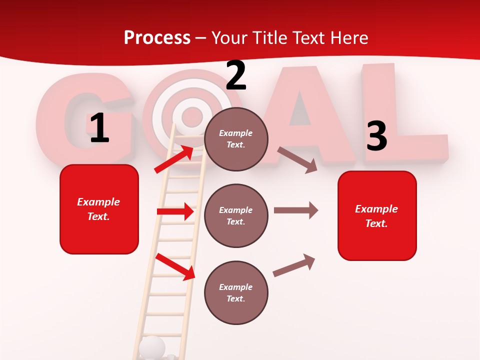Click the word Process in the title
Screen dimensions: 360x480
coord(157,37)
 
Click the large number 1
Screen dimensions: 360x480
coord(99,128)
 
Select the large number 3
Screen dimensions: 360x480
coord(376,136)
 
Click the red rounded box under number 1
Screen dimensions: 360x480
coord(99,209)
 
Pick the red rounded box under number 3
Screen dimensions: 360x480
coord(377,215)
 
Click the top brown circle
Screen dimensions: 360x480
coord(236,139)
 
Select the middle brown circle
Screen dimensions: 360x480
coord(236,215)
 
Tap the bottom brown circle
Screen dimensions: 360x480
coord(236,292)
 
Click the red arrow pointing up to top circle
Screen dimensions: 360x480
coord(174,159)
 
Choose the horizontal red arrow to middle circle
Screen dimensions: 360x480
coord(175,211)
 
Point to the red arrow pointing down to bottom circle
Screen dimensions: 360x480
coord(175,266)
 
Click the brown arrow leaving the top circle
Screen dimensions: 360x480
coord(297,159)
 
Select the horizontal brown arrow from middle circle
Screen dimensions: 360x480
coord(295,210)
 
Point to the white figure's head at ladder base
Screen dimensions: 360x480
coord(151,346)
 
